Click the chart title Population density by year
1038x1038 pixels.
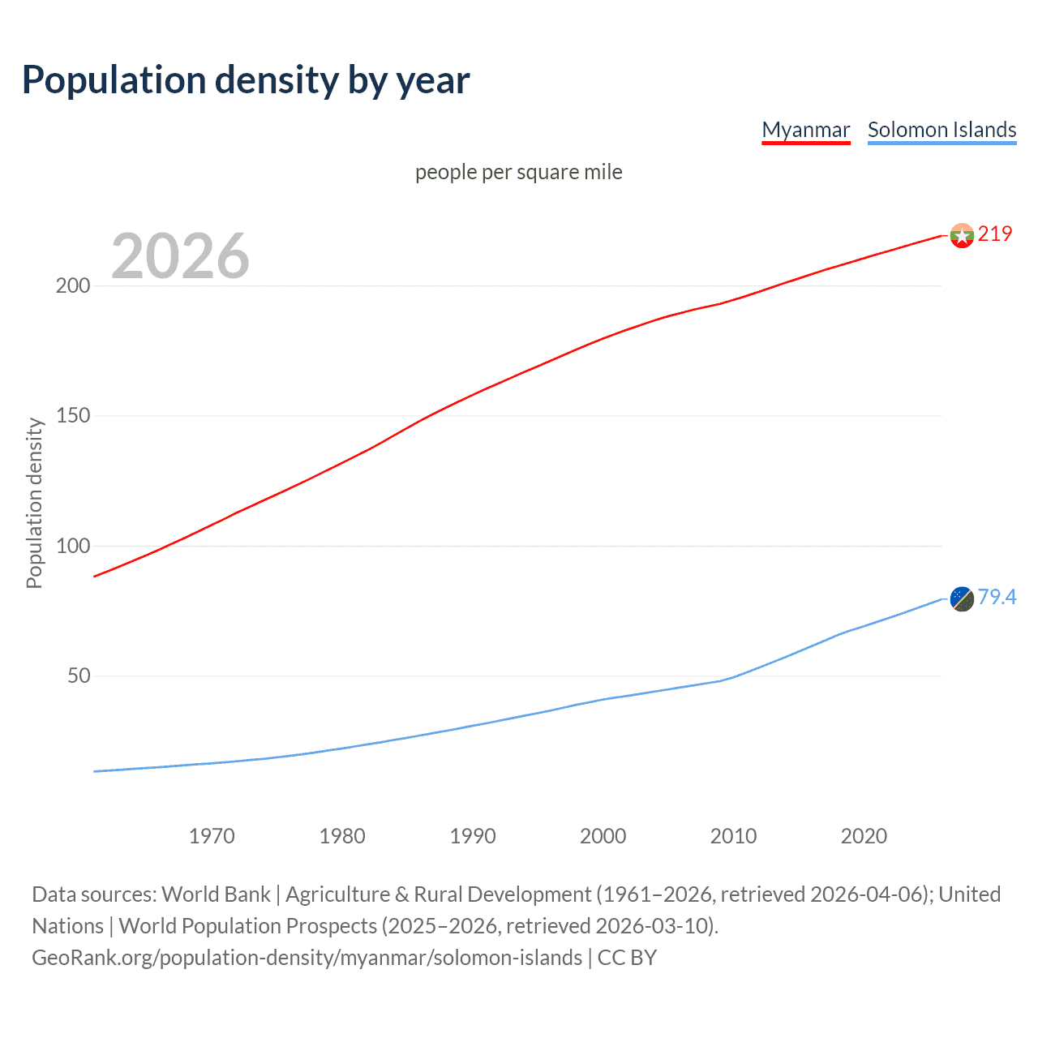tap(246, 80)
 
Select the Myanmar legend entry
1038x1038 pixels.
tap(805, 130)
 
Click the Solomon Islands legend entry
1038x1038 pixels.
tap(941, 130)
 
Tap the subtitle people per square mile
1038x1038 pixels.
tap(519, 172)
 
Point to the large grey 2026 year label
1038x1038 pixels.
tap(180, 255)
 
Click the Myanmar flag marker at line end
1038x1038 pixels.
tap(962, 235)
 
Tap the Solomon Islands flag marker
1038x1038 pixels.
tap(962, 598)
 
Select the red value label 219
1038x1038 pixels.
tap(995, 234)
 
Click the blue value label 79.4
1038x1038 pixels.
tap(997, 597)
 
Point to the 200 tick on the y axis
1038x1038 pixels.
tap(73, 285)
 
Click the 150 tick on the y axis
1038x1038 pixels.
tap(73, 415)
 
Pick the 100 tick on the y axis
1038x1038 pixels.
tap(73, 546)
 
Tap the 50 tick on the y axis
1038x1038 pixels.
tap(79, 676)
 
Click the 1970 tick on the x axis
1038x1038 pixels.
tap(212, 836)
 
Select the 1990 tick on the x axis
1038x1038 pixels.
tap(473, 836)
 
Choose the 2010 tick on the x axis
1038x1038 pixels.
tap(733, 836)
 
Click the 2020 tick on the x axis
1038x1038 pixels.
tap(864, 836)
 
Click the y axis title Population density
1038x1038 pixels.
tap(34, 503)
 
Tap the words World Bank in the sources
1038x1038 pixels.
tap(216, 894)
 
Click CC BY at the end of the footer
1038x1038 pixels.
tap(627, 958)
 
